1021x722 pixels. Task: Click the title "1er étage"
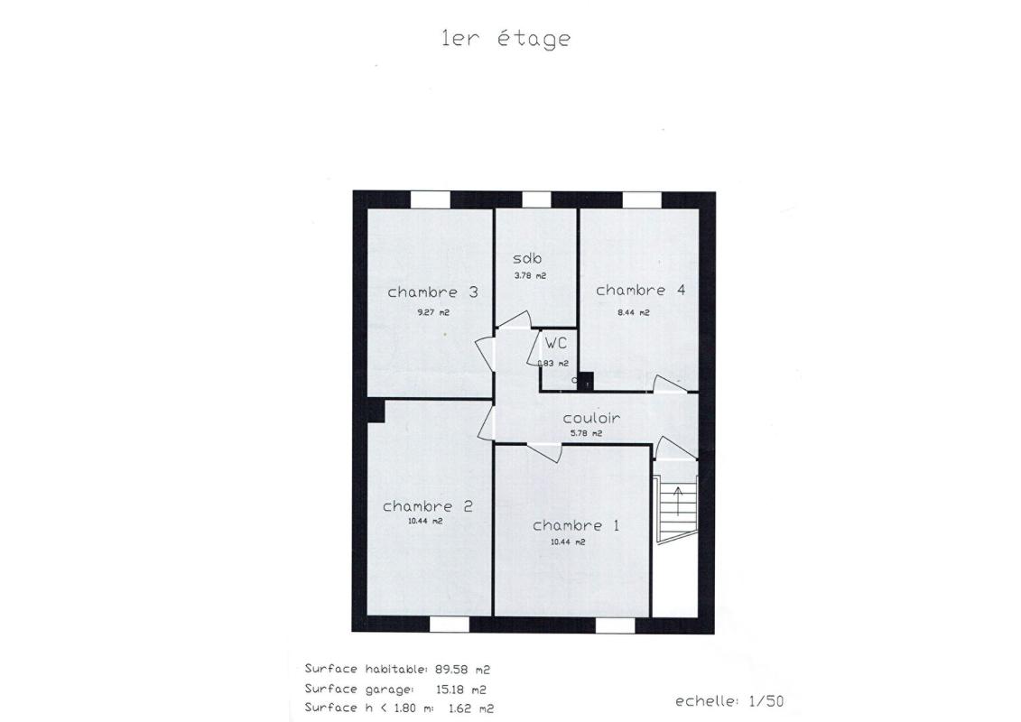coord(506,39)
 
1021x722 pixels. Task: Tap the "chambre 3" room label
coord(432,292)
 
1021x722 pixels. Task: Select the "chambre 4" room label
coord(640,291)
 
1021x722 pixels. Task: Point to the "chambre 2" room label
coord(427,506)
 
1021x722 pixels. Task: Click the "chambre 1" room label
coord(575,526)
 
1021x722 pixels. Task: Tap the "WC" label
coord(555,344)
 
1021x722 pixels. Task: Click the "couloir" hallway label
coord(591,419)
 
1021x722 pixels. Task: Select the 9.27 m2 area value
coord(432,312)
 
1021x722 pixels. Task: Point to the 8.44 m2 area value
coord(634,312)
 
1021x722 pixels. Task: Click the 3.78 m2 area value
coord(530,276)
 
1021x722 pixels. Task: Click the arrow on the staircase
coord(679,499)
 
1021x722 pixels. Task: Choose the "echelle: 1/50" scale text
coord(729,701)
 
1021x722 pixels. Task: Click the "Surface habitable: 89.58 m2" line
coord(397,670)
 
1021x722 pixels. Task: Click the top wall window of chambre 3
coord(431,199)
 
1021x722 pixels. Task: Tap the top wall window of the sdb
coord(536,199)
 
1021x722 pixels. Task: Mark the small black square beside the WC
coord(586,382)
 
